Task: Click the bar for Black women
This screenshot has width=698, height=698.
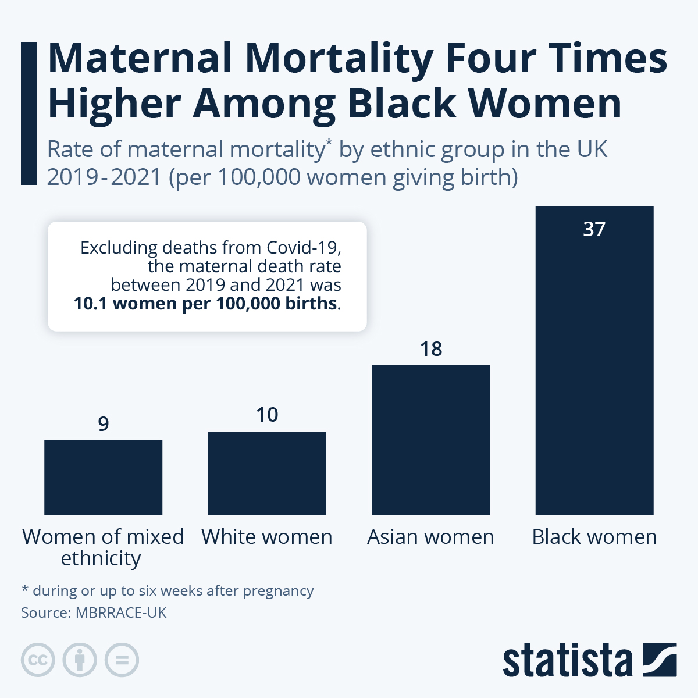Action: click(x=594, y=372)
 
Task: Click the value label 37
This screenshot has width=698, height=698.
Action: click(x=594, y=229)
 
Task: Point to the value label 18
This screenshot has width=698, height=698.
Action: click(x=431, y=349)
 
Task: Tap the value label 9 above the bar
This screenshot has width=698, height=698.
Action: click(x=104, y=424)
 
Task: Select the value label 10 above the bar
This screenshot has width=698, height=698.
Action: click(x=267, y=415)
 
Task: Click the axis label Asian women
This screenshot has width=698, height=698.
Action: click(x=430, y=537)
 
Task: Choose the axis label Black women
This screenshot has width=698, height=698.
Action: click(x=594, y=537)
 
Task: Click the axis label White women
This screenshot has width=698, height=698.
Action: click(x=267, y=537)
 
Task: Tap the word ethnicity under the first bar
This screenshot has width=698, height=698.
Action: click(x=101, y=559)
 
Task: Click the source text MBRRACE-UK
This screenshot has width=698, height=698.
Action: click(x=121, y=612)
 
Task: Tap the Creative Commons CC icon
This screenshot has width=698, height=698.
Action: click(x=38, y=660)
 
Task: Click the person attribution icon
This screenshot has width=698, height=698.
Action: click(x=80, y=660)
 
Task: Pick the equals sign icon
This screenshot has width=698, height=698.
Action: click(x=122, y=660)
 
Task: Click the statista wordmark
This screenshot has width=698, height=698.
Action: click(x=567, y=660)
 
